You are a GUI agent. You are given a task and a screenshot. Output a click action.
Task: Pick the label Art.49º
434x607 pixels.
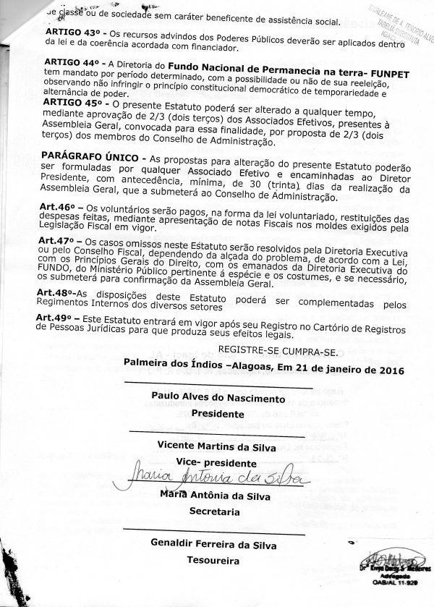[57, 317]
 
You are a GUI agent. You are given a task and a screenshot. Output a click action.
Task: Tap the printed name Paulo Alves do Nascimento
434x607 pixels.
[213, 398]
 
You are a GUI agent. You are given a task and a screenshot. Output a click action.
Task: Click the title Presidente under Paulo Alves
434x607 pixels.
[213, 415]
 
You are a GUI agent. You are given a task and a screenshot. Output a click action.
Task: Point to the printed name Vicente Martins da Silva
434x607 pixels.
[216, 447]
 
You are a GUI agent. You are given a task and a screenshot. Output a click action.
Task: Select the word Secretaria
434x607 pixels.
[213, 510]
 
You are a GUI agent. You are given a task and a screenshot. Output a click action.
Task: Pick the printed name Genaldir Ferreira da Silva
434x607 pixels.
[213, 543]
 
